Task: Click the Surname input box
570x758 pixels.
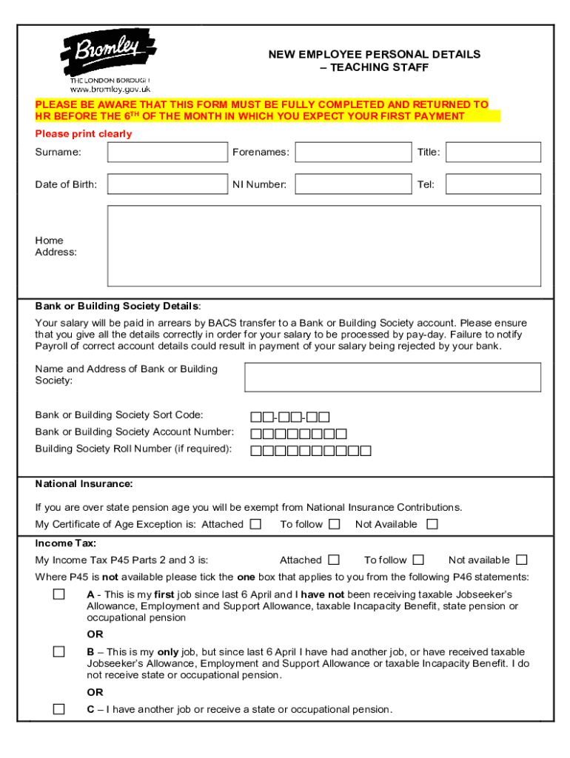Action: coord(167,152)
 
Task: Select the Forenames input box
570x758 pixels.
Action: coord(352,152)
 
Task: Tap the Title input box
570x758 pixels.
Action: coord(493,152)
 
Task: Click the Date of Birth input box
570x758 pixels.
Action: coord(167,184)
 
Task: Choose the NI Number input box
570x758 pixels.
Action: coord(352,184)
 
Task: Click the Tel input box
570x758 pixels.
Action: coord(493,184)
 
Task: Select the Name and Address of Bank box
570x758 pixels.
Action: coord(392,377)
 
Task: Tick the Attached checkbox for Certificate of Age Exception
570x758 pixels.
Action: coord(255,524)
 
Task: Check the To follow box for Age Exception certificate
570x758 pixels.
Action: coord(335,524)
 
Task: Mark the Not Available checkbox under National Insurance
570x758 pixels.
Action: coord(432,524)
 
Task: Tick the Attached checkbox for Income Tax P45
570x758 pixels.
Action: coord(334,560)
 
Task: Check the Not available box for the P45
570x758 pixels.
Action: coord(522,560)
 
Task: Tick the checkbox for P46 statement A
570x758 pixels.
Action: coord(58,594)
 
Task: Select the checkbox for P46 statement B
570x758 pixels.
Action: coord(58,651)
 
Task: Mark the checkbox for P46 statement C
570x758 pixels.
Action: coord(58,709)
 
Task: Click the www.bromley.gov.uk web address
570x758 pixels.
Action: coord(110,89)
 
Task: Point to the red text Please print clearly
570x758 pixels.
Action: coord(84,134)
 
